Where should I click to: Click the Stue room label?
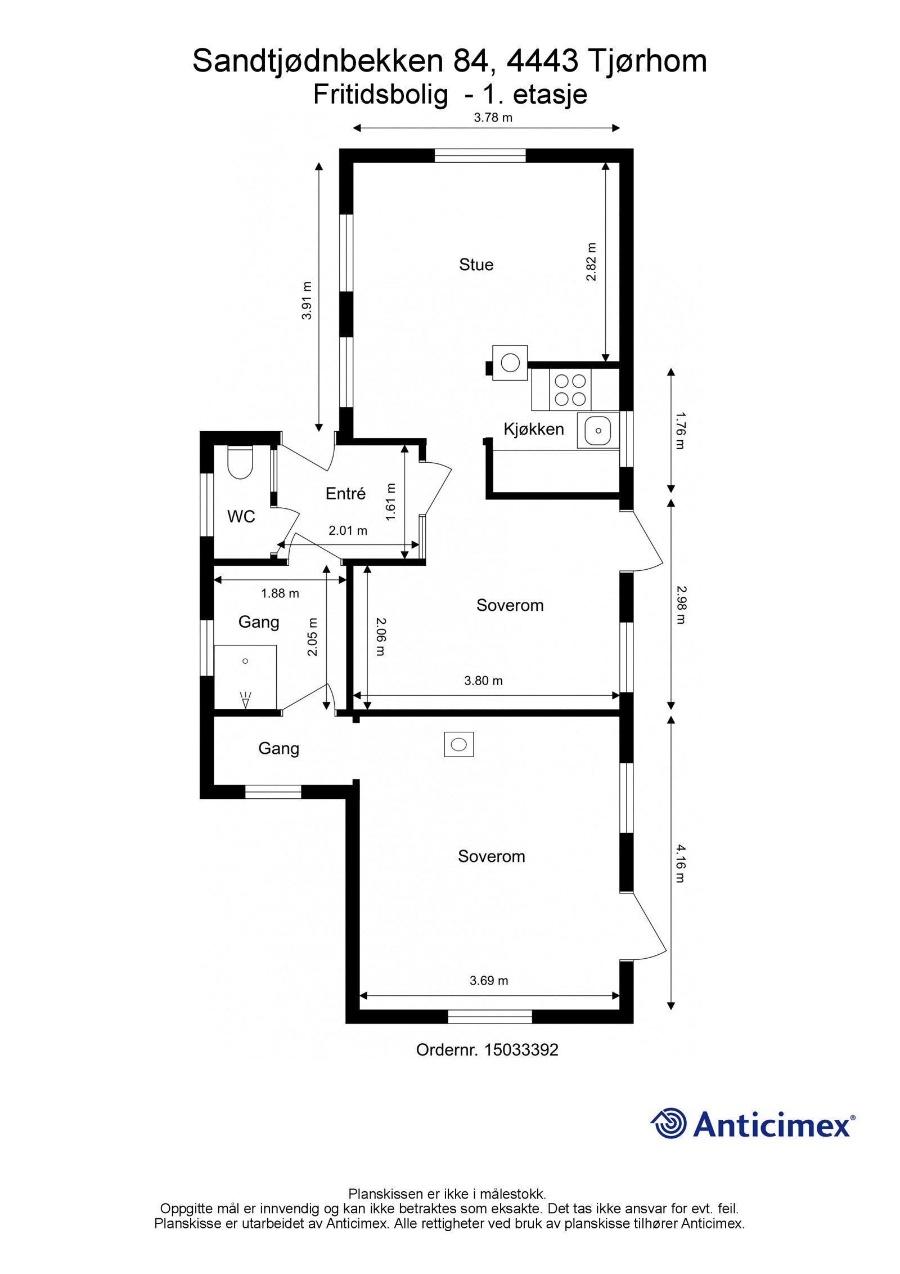[476, 265]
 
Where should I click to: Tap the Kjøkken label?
[533, 429]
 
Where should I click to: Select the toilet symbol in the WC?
[240, 463]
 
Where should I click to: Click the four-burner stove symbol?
[570, 390]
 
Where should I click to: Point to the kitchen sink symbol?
[598, 431]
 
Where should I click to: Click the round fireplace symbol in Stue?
[510, 363]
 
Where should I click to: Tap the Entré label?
[345, 494]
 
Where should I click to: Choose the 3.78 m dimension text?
[493, 118]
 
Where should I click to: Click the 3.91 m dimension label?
[307, 301]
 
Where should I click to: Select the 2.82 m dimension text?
[591, 262]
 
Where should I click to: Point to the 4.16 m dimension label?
[681, 863]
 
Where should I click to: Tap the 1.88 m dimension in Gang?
[280, 593]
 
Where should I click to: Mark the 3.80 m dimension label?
[483, 681]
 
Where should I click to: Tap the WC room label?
[241, 516]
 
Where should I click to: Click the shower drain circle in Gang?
[245, 661]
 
